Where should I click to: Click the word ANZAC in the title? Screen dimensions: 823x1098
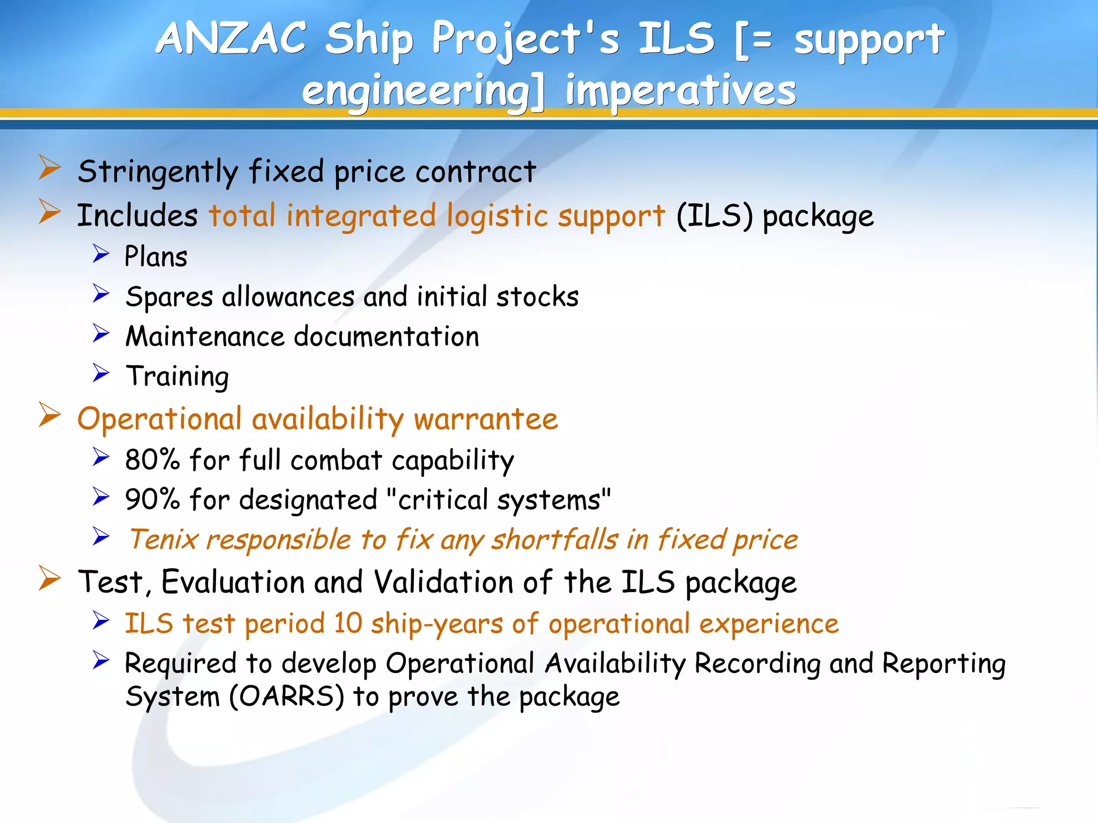point(231,39)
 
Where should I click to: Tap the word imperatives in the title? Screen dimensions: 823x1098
point(680,90)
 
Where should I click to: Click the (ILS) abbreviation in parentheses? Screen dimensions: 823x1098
point(714,216)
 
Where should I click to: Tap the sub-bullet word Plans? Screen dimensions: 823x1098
point(156,257)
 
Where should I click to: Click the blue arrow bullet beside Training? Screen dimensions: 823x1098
point(101,373)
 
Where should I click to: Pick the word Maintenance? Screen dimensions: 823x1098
point(205,337)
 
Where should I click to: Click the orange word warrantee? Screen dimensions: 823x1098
point(486,419)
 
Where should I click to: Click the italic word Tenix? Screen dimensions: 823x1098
point(164,540)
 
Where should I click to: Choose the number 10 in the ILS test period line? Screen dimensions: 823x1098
point(348,624)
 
